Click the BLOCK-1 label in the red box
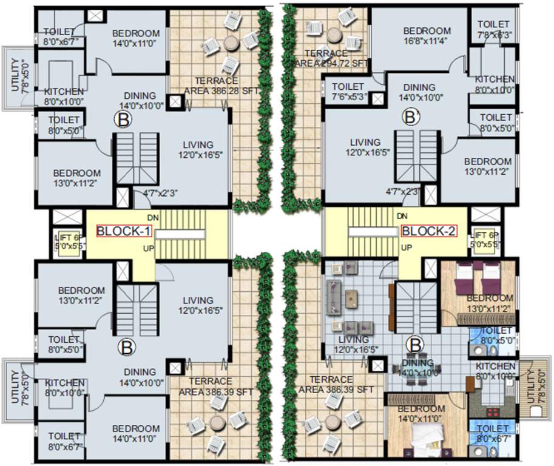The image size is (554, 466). pos(124,231)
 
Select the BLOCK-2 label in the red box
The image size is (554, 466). pos(428,231)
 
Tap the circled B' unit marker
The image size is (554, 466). pos(413,115)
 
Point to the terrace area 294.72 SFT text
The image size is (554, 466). pos(331,58)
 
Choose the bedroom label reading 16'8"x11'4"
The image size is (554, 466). pos(427,36)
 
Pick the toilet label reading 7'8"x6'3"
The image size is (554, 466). pos(493,30)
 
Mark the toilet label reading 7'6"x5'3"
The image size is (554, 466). pos(348,92)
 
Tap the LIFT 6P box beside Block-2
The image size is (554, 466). pos(486,240)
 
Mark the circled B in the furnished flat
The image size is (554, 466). pos(415,345)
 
